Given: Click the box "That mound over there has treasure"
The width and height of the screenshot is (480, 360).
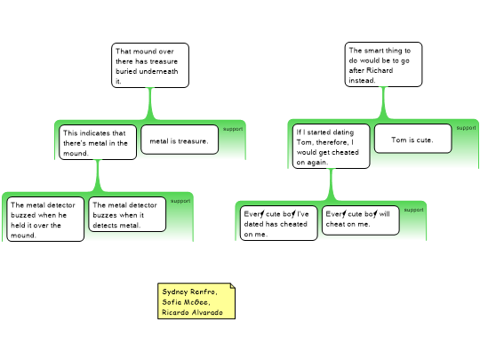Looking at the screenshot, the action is [x=150, y=65].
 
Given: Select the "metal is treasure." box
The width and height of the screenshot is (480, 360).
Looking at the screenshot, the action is [x=180, y=140].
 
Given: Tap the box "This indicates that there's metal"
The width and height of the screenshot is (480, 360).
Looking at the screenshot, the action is [x=98, y=142].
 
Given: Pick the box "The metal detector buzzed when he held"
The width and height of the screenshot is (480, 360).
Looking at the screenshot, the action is [x=45, y=220].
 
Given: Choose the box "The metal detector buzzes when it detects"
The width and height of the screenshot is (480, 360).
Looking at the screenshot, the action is [x=127, y=214].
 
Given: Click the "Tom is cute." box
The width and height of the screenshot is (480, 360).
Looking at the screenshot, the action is [x=412, y=139].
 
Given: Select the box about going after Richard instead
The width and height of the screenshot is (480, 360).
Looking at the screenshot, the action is [x=384, y=65].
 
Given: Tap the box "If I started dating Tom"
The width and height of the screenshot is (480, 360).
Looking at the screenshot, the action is [x=331, y=147].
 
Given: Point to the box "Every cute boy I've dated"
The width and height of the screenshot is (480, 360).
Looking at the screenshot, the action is [x=279, y=223].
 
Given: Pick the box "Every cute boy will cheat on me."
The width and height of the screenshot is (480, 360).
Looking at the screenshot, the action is [x=361, y=220].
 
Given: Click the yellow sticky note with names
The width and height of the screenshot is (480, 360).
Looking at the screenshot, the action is [x=196, y=301].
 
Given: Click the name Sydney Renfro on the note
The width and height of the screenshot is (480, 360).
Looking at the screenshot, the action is [x=189, y=292].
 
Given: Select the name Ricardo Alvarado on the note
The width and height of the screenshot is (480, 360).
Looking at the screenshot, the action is [x=192, y=313].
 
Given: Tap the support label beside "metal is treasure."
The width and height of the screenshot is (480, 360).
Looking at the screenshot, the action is [x=233, y=129].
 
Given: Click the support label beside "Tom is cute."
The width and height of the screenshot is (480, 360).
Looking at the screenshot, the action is [x=467, y=128].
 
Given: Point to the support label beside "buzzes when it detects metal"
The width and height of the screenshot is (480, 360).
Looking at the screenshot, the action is [x=180, y=201].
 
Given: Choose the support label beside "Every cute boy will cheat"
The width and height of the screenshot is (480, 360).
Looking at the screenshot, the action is [x=414, y=210].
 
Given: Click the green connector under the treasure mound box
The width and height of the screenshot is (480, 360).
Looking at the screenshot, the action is [x=150, y=104].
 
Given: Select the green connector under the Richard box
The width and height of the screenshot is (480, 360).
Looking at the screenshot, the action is [x=384, y=103].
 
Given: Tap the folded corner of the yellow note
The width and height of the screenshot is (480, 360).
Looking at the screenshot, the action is [x=233, y=286].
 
